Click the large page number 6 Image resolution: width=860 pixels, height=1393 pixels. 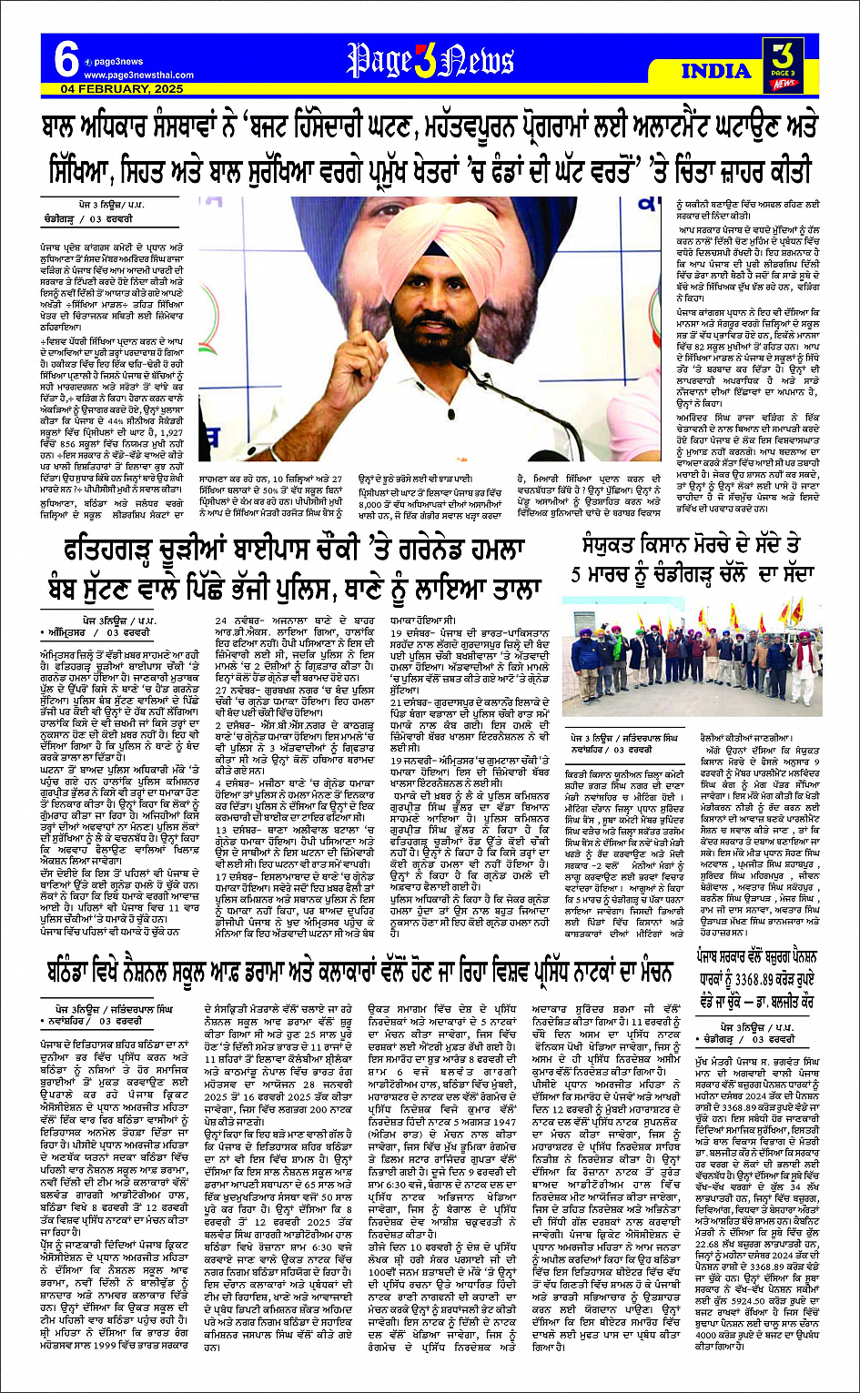[x=66, y=61]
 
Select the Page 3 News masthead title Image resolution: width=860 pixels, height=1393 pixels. [x=430, y=62]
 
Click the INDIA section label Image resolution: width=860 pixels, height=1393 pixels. [x=716, y=70]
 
